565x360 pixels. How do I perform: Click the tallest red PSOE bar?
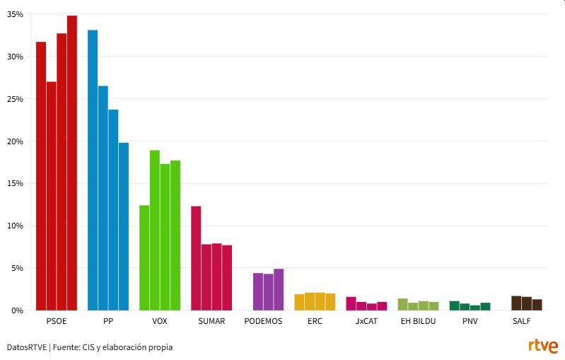coord(72,163)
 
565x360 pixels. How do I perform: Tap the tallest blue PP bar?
coord(93,170)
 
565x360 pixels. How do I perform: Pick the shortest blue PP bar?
coord(124,226)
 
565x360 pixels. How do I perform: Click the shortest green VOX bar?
coord(144,257)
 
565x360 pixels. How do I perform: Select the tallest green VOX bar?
coord(155,230)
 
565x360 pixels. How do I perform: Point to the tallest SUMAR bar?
coord(196,258)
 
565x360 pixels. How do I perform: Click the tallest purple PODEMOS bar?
coord(279,289)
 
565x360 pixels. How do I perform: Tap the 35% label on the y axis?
coord(15,14)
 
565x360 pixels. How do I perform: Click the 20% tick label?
coord(15,141)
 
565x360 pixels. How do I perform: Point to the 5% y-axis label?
coord(17,268)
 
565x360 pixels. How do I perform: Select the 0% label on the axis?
coord(17,310)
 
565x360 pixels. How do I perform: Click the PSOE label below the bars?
coord(56,321)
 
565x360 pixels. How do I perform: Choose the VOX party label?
coord(160,321)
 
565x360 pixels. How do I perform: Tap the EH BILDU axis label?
coord(418,321)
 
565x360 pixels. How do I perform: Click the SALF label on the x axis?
coord(521,321)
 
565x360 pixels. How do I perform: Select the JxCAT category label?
coord(366,321)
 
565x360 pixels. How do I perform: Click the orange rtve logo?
coord(542,347)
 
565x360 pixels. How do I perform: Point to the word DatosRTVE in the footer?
coord(27,347)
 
